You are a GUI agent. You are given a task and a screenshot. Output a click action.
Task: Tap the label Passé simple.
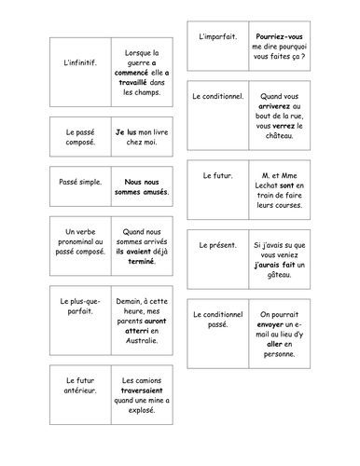point(77,185)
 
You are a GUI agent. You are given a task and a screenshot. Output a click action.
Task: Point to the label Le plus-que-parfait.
point(77,308)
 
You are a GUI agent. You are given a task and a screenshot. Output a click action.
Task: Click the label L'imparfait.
point(217,36)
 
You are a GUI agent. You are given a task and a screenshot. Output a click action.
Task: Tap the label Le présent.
point(217,246)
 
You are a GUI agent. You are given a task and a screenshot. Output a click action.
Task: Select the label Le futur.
point(217,174)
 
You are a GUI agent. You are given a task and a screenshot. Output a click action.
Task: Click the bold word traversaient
point(142,391)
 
